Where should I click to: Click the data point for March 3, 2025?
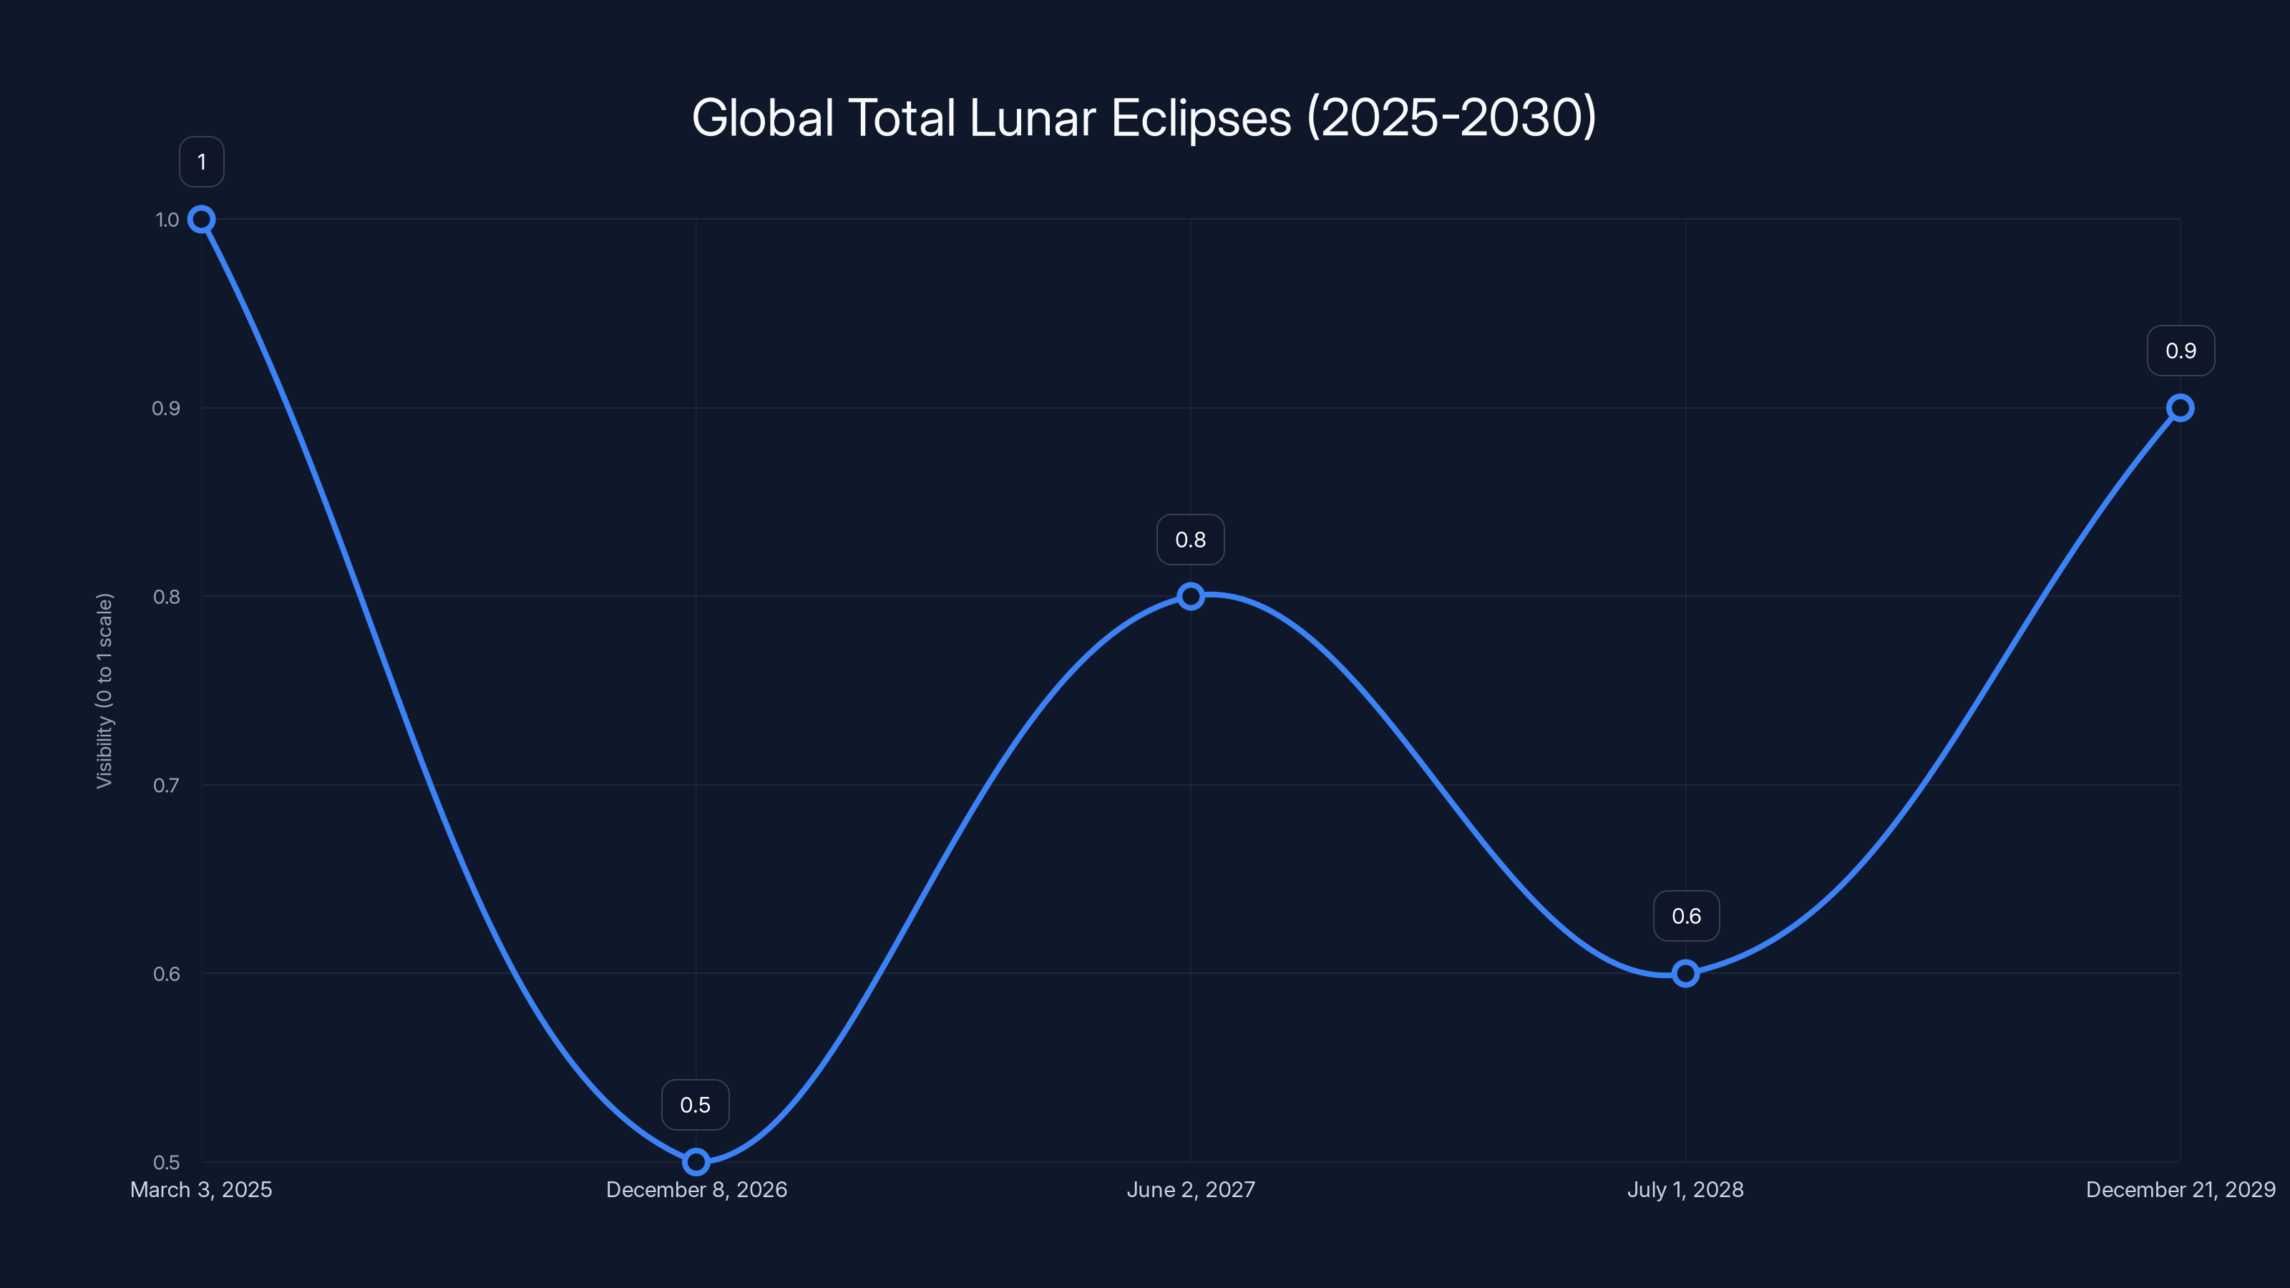pos(202,220)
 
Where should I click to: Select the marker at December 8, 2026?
pos(696,1162)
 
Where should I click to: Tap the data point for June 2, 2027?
pos(1190,597)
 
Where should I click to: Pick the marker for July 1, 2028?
pos(1685,973)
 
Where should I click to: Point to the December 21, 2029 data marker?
pos(2180,408)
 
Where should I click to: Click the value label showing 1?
pos(202,162)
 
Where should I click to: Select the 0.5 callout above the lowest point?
pos(695,1105)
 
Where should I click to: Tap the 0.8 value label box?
pos(1190,540)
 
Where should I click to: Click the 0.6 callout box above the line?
pos(1685,917)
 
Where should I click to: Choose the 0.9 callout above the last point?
pos(2180,351)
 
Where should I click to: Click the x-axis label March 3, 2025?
pos(201,1190)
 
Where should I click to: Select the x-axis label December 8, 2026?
pos(696,1190)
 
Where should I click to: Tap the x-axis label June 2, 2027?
pos(1190,1190)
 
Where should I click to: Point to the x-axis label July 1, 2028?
pos(1685,1190)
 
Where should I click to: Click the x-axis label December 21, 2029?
pos(2180,1190)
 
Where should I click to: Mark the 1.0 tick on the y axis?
pos(167,220)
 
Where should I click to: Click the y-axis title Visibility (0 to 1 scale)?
pos(105,691)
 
